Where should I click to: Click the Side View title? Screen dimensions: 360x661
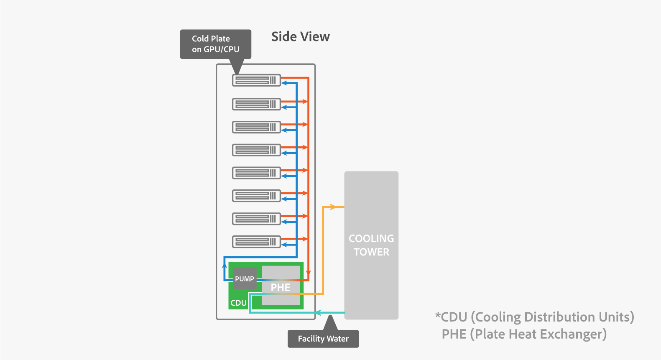300,37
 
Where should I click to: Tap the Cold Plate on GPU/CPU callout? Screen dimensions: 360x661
215,44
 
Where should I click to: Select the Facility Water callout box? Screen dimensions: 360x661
323,339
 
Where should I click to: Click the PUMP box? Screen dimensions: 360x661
244,279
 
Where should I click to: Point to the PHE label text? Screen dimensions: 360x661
280,288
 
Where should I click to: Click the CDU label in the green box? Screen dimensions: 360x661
238,303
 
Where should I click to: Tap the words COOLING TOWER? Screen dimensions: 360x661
371,245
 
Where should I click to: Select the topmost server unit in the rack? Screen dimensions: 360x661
256,80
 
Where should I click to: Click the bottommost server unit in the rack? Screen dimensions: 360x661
256,241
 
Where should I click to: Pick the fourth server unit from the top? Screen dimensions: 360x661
256,149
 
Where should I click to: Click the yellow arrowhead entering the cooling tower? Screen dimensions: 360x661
333,207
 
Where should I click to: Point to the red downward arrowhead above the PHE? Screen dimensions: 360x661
308,273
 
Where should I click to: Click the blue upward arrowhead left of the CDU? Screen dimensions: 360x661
225,265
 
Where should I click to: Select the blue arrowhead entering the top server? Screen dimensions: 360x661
284,83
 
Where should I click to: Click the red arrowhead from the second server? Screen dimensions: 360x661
305,102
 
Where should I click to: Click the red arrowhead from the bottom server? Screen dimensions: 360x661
305,239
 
